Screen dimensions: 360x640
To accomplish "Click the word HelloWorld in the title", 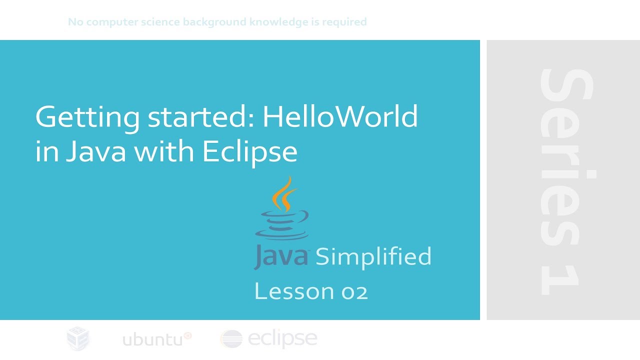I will (340, 117).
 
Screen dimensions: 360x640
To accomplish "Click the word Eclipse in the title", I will (249, 151).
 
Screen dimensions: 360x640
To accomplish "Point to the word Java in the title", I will (96, 151).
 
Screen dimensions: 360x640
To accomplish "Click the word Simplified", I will (373, 257).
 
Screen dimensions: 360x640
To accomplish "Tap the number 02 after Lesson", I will (354, 291).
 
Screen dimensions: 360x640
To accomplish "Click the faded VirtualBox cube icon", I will (78, 338).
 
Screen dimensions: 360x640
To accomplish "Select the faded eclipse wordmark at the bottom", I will (282, 339).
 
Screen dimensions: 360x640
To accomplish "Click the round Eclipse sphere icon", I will (231, 339).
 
